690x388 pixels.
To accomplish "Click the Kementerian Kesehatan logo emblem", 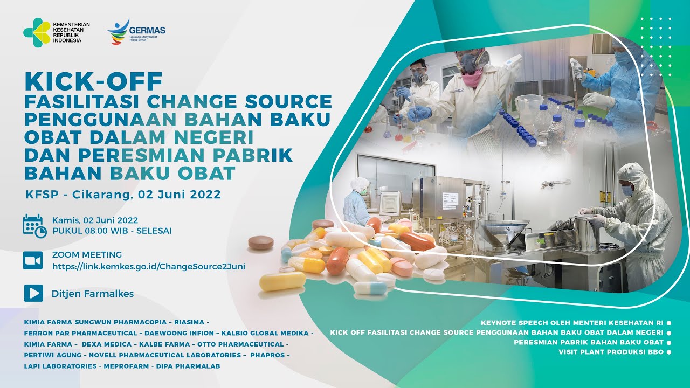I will (x=37, y=32).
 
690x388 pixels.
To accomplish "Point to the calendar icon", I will (x=34, y=225).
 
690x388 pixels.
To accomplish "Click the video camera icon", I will (x=33, y=261).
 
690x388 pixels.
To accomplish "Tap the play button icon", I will (x=33, y=293).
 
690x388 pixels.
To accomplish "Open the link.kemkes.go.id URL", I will (x=149, y=266).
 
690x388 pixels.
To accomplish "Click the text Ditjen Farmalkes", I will (x=93, y=294).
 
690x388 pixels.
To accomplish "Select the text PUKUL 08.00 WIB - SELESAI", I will (x=112, y=231).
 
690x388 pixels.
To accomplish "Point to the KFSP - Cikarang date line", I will (x=123, y=194).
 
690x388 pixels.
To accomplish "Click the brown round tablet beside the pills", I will (x=261, y=242).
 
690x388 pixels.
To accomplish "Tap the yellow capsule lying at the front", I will (x=282, y=280).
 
